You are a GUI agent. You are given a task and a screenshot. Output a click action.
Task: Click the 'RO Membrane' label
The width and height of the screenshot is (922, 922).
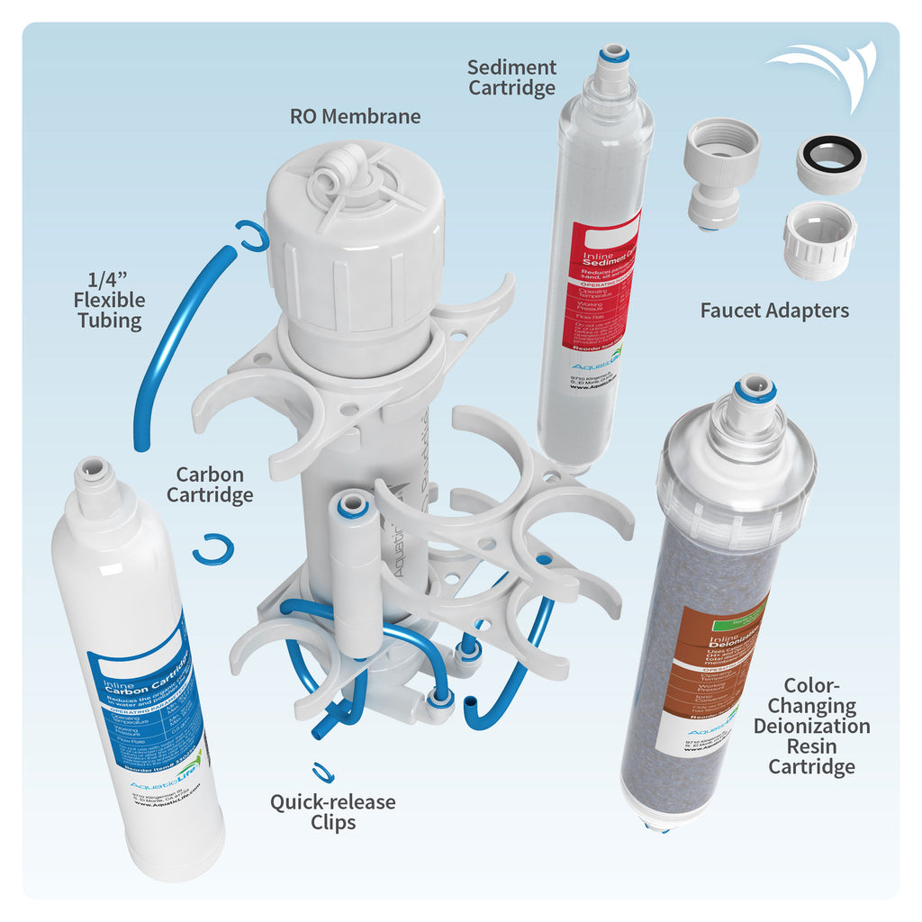point(355,116)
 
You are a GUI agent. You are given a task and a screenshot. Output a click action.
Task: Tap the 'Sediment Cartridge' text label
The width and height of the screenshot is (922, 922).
point(511,77)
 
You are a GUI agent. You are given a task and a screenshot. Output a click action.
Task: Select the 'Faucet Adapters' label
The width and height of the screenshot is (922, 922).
point(774,311)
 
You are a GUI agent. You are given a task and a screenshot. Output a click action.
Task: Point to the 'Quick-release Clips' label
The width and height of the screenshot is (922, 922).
point(332,811)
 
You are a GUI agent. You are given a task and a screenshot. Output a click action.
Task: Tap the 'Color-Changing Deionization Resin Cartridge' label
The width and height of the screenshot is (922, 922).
point(811,726)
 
